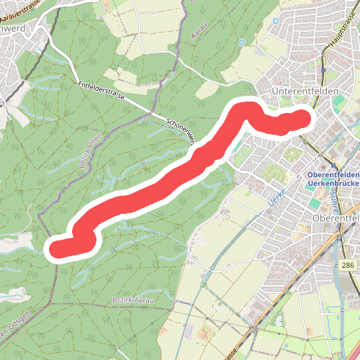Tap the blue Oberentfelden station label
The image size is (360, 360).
click(x=332, y=174)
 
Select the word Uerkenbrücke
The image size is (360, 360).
click(x=332, y=184)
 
